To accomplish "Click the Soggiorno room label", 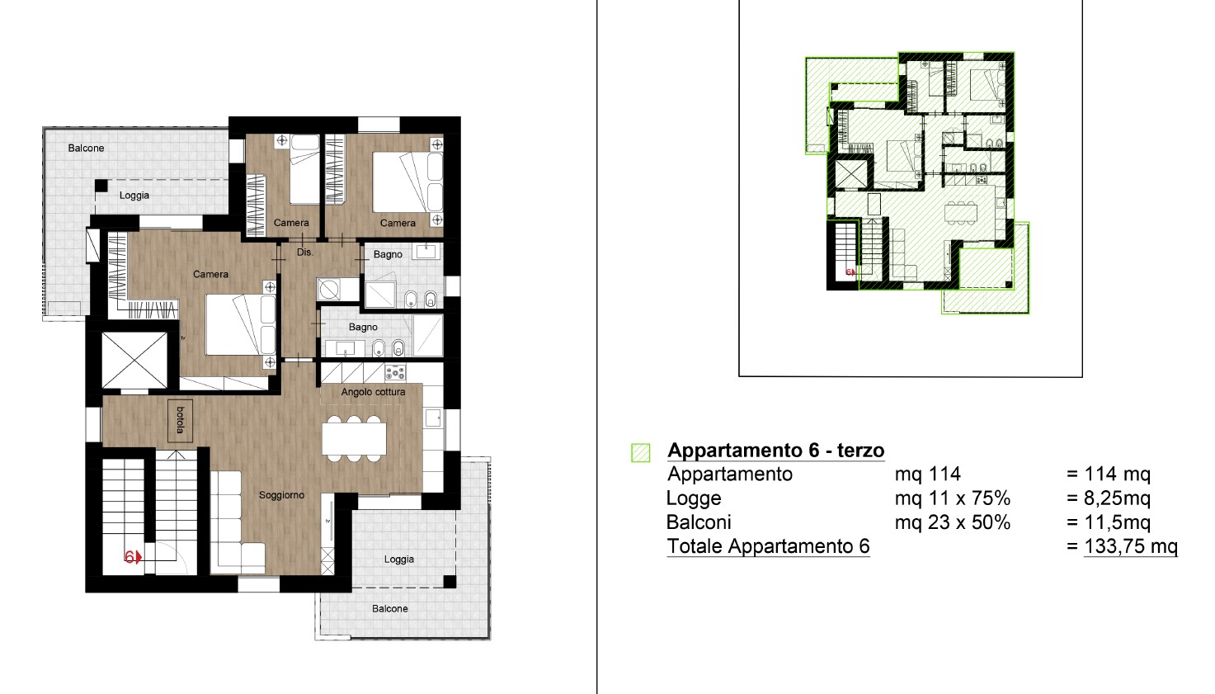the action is click(x=281, y=495).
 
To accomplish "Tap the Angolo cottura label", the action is click(x=373, y=392).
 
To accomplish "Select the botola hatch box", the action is click(x=180, y=421).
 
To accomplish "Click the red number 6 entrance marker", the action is click(x=133, y=557).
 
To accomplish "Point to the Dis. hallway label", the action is click(x=305, y=253).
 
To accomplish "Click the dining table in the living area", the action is click(x=354, y=439).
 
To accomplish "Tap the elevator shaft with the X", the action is click(x=134, y=361).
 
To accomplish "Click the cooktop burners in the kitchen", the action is click(x=395, y=373).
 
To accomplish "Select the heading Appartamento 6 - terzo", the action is click(x=776, y=450).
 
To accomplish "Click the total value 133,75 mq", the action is click(x=1131, y=545).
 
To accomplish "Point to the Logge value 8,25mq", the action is click(x=1118, y=498).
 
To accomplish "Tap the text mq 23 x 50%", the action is click(x=953, y=522).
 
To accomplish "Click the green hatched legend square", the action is click(x=641, y=452).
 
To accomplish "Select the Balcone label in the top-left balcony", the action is click(x=87, y=149).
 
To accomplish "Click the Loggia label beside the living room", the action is click(x=399, y=559).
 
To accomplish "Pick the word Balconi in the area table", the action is click(x=699, y=522).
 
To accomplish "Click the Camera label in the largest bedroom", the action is click(x=210, y=275).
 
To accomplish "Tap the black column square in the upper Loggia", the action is click(x=101, y=186).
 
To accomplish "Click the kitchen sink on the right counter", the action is click(x=433, y=418).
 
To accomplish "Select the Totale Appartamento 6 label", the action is click(x=769, y=545).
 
